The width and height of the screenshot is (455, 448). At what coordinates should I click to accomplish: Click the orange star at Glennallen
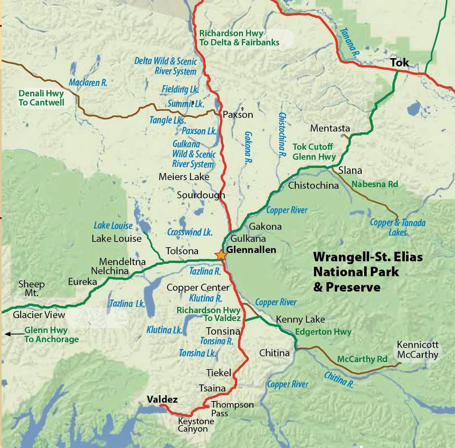[x=221, y=255]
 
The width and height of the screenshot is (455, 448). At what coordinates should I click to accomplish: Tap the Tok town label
[x=399, y=63]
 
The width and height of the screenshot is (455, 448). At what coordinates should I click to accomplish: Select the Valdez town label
[x=162, y=399]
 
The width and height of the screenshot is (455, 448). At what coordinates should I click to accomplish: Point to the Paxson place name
[x=238, y=115]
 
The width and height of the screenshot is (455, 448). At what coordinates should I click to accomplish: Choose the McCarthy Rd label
[x=362, y=359]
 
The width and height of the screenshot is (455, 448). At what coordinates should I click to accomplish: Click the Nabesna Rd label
[x=375, y=184]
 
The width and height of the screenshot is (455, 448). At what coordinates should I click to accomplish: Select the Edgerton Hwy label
[x=323, y=332]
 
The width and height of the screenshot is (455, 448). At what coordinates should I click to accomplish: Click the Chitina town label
[x=274, y=353]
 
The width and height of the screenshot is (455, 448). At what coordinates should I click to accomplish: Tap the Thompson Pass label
[x=232, y=408]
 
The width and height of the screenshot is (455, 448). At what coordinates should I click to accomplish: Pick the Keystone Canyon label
[x=193, y=425]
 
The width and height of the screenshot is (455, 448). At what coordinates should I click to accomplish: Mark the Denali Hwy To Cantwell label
[x=41, y=98]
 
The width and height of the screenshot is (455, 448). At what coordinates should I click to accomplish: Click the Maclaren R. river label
[x=88, y=82]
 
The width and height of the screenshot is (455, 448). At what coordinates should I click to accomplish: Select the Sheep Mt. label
[x=31, y=288]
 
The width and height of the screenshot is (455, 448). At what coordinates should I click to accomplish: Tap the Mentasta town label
[x=330, y=129]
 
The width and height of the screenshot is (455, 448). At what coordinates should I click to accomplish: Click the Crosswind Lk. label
[x=190, y=232]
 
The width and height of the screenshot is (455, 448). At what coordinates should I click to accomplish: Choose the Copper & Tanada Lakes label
[x=398, y=227]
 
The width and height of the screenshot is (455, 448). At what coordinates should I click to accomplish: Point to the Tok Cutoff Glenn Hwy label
[x=314, y=152]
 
